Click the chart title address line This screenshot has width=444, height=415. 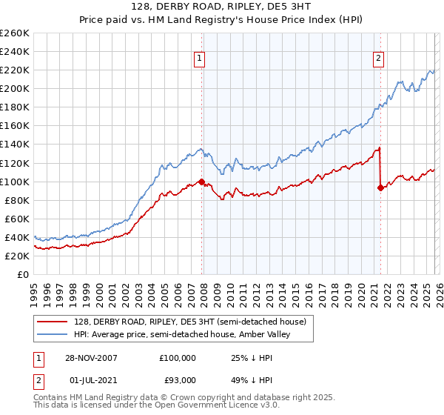click(221, 8)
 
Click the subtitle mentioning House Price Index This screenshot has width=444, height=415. click(221, 21)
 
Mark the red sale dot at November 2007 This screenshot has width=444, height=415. click(201, 182)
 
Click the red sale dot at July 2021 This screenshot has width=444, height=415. click(380, 188)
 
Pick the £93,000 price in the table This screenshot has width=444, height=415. click(178, 381)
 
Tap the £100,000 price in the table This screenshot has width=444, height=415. click(178, 358)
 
